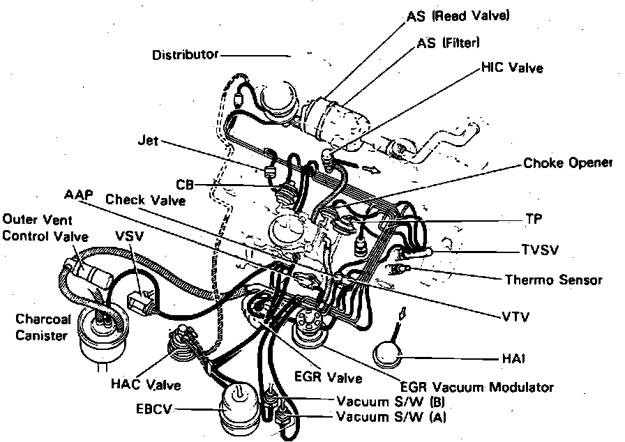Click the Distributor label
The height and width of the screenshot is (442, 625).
point(185,54)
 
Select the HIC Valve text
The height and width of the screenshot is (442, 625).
point(512,68)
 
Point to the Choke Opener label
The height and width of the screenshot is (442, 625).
point(567,163)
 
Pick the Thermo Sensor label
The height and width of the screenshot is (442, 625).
point(553,280)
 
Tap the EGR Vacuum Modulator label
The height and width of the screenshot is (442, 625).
point(476,386)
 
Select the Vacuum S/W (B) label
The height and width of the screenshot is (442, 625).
point(390,402)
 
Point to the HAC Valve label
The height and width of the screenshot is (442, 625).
point(145,384)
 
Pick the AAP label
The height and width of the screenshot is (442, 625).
point(77,195)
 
